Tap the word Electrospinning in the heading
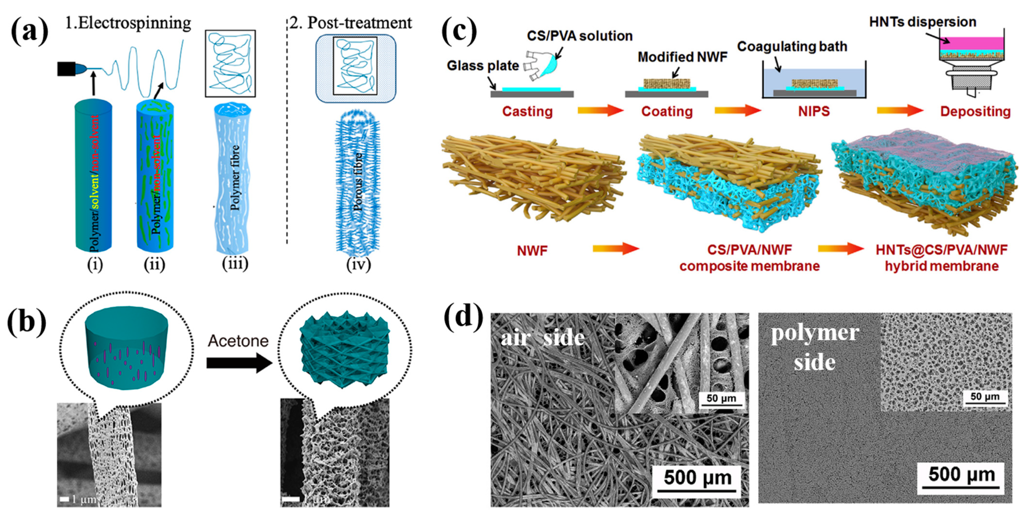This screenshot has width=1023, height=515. click(x=134, y=23)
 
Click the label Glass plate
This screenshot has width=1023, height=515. click(x=482, y=65)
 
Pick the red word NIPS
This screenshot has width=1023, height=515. click(x=814, y=111)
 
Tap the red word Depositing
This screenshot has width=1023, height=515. click(x=975, y=111)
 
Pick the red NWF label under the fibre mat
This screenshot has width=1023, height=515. click(x=532, y=251)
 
